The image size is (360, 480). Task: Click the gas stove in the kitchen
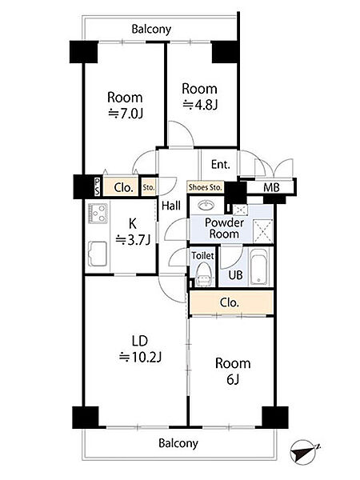click(x=98, y=213)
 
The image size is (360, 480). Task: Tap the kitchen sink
click(x=98, y=254)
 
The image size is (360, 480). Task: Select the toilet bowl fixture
click(x=203, y=274)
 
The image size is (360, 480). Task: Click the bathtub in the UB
click(x=258, y=267)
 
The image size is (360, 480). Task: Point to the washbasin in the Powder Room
click(x=207, y=205)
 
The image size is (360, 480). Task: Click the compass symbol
click(x=304, y=451)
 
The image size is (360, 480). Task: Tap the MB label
click(x=271, y=187)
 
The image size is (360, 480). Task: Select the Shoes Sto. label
click(x=205, y=187)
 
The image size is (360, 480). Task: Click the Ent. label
click(x=221, y=165)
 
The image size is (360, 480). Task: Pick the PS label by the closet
click(x=97, y=187)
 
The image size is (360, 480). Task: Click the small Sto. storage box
click(x=149, y=186)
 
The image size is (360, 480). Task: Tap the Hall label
click(x=171, y=206)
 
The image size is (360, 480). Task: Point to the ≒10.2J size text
click(x=140, y=357)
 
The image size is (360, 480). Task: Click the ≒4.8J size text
click(x=199, y=105)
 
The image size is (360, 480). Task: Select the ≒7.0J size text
click(x=126, y=114)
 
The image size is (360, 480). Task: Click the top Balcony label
click(x=151, y=30)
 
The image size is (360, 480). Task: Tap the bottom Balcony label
click(x=178, y=443)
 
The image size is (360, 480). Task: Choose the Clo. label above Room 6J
click(x=229, y=302)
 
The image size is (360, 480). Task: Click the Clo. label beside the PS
click(x=123, y=187)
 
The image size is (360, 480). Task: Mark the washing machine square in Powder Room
click(x=262, y=231)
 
